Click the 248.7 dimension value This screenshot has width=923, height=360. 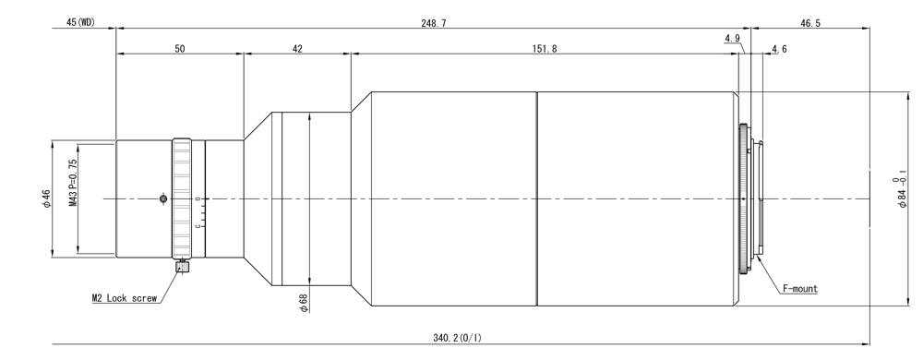(433, 23)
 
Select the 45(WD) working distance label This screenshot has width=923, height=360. (80, 22)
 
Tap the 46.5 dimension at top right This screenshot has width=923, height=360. (810, 23)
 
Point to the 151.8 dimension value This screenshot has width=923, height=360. (545, 50)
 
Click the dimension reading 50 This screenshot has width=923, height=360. (180, 50)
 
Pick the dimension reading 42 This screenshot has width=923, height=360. (296, 50)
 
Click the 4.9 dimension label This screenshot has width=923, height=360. (732, 39)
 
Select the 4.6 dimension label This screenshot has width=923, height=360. (779, 50)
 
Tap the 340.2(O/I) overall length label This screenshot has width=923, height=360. (457, 338)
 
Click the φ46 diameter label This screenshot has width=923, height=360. (47, 198)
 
